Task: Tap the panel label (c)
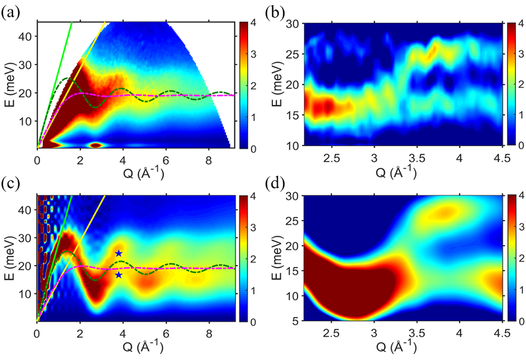11,186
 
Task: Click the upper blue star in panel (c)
119,254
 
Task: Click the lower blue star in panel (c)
119,275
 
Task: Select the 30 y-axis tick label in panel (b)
293,23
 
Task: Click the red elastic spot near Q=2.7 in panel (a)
95,145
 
